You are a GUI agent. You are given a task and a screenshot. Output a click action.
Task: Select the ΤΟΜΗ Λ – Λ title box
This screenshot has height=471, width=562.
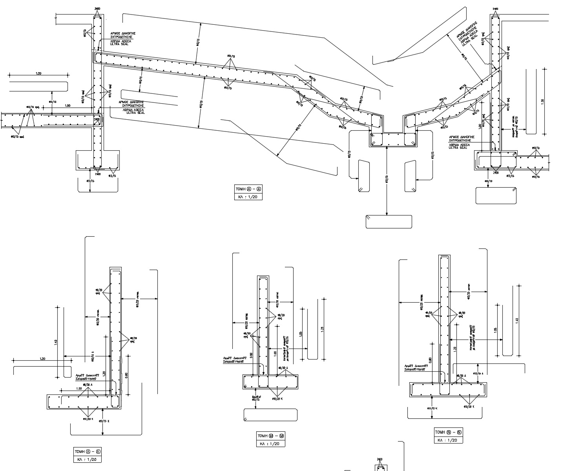88,451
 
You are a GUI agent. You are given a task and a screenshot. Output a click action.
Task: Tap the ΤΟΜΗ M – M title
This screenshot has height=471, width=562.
270,436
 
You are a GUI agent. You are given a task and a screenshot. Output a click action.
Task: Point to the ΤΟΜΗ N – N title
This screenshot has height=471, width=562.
448,433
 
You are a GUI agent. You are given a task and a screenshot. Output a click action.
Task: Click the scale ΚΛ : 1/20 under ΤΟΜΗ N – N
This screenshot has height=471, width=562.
448,440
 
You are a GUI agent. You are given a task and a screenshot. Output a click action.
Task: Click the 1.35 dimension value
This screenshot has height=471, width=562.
542,101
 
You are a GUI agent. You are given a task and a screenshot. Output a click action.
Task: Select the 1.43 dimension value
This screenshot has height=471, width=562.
56,342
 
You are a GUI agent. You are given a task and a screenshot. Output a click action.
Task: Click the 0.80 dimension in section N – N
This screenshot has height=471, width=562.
431,360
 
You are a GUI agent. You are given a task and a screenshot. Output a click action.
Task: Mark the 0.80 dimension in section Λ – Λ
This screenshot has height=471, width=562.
126,375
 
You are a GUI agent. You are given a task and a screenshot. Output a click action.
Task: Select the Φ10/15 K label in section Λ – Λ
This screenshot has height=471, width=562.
104,421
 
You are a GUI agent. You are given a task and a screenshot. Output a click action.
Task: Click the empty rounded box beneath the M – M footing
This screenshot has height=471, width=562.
270,415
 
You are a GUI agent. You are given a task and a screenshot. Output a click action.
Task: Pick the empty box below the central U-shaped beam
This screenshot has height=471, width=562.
389,222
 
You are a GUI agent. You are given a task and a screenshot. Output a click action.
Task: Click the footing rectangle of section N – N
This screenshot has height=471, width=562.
448,390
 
